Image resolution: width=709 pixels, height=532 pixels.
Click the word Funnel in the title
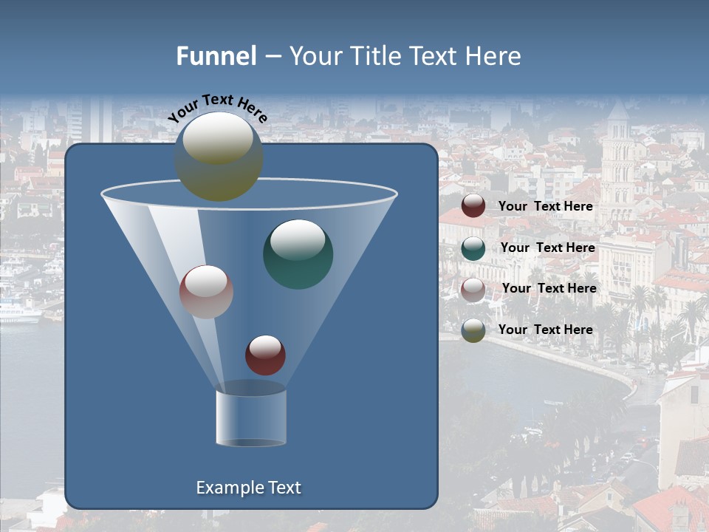216,56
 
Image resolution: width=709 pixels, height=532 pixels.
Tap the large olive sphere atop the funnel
219,157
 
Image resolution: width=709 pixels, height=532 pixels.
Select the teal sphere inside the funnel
298,253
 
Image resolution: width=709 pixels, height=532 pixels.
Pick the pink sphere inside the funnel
206,291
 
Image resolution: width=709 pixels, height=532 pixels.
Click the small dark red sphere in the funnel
265,355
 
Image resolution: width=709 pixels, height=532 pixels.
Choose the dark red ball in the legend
473,206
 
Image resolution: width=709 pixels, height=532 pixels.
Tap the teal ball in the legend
473,248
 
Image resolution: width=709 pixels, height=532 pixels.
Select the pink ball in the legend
473,289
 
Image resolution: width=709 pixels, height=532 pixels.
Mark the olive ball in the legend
473,330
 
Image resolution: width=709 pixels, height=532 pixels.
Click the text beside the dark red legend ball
545,206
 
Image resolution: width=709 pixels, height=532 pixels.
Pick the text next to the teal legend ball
547,248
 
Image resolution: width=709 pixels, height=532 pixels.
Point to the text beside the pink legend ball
549,288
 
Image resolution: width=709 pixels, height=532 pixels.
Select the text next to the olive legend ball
545,330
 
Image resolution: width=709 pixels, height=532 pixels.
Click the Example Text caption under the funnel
248,488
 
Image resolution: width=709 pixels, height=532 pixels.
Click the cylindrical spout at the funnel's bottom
250,417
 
